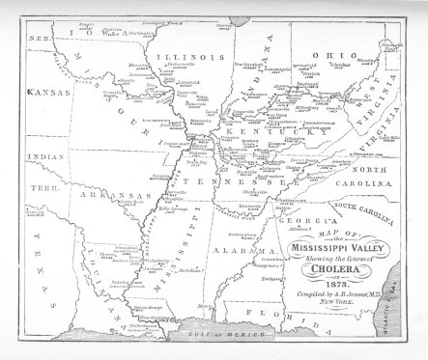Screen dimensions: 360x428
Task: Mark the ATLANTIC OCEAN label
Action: click(411, 290)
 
